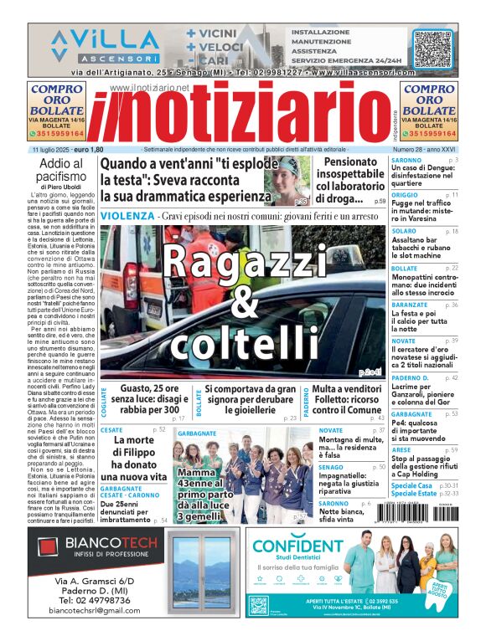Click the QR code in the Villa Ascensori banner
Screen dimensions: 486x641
(432, 49)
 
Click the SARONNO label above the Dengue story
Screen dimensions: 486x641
(406, 159)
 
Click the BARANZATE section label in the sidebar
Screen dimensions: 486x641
(410, 305)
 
